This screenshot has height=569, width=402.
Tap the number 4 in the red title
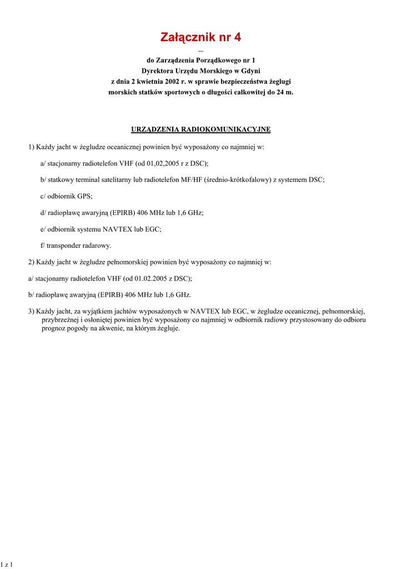(238, 38)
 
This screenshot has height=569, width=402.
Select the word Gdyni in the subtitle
(249, 71)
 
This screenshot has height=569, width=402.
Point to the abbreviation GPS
(84, 196)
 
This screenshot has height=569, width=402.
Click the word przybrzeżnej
(59, 320)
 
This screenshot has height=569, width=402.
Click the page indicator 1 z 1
(7, 565)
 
